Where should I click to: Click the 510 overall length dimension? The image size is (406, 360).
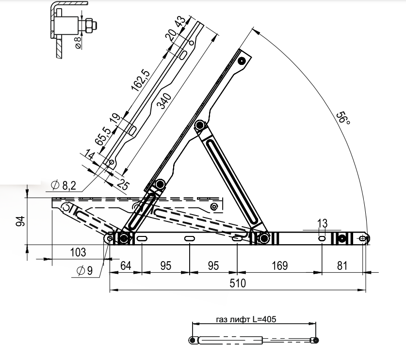[x=237, y=283]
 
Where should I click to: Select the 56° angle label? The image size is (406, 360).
[x=343, y=118]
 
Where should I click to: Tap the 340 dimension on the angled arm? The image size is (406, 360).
[x=164, y=101]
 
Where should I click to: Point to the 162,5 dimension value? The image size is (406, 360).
[x=141, y=80]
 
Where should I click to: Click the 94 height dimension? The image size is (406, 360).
[x=20, y=221]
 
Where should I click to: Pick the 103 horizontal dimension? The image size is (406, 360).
[x=78, y=252]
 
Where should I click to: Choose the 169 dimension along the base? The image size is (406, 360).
[x=280, y=266]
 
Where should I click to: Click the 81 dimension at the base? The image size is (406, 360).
[x=342, y=266]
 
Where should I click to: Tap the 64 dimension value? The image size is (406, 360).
[x=126, y=266]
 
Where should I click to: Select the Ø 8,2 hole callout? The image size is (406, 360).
[x=64, y=185]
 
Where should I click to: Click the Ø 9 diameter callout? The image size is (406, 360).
[x=85, y=271]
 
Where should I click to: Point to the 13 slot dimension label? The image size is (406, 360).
[x=323, y=223]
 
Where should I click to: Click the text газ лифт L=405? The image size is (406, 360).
[x=246, y=319]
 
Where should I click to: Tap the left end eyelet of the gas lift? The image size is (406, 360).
[x=193, y=340]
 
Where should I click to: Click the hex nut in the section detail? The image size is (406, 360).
[x=89, y=25]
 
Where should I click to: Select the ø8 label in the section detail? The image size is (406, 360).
[x=79, y=43]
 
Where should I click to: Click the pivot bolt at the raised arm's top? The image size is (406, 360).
[x=242, y=61]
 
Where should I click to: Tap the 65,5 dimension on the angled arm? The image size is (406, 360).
[x=103, y=136]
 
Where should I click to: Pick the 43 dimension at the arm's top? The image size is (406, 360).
[x=180, y=21]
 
